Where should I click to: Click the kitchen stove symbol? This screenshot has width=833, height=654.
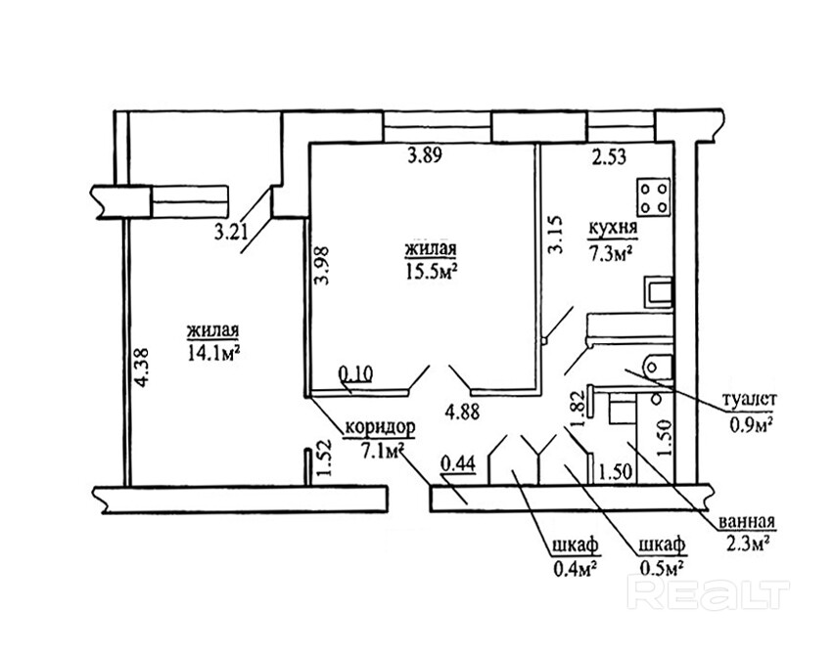pos(653,198)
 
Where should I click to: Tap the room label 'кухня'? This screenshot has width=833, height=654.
pos(612,231)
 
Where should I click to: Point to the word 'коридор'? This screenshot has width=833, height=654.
pos(380,427)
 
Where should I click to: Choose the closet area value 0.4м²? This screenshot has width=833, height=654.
pos(574,568)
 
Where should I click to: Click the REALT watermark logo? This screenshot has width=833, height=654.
pos(711,593)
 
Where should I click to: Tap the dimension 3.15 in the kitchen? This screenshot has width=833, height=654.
pos(556,235)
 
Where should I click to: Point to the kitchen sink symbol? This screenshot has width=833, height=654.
pos(657,290)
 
